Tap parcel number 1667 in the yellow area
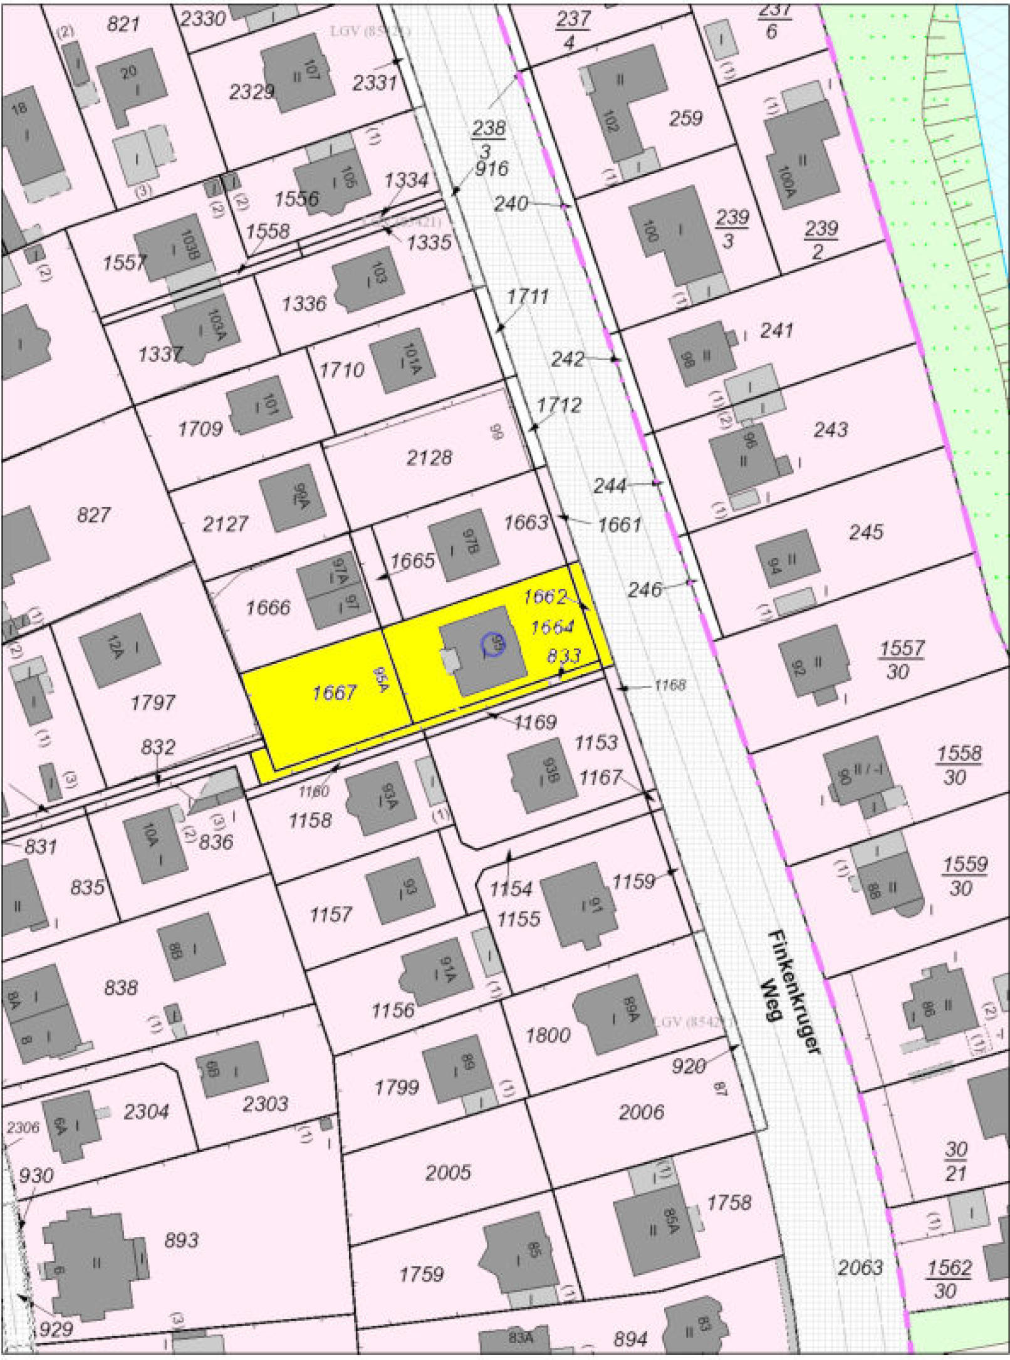tap(334, 692)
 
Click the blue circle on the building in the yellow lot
tap(493, 644)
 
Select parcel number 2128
tap(429, 458)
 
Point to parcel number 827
tap(93, 515)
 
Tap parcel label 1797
tap(152, 703)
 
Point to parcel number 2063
tap(860, 1267)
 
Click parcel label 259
tap(685, 118)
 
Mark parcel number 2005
tap(447, 1172)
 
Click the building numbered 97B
tap(464, 545)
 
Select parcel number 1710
tap(341, 370)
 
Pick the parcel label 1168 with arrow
tap(669, 685)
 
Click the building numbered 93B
tap(543, 780)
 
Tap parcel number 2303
tap(265, 1103)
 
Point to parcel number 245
tap(866, 532)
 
